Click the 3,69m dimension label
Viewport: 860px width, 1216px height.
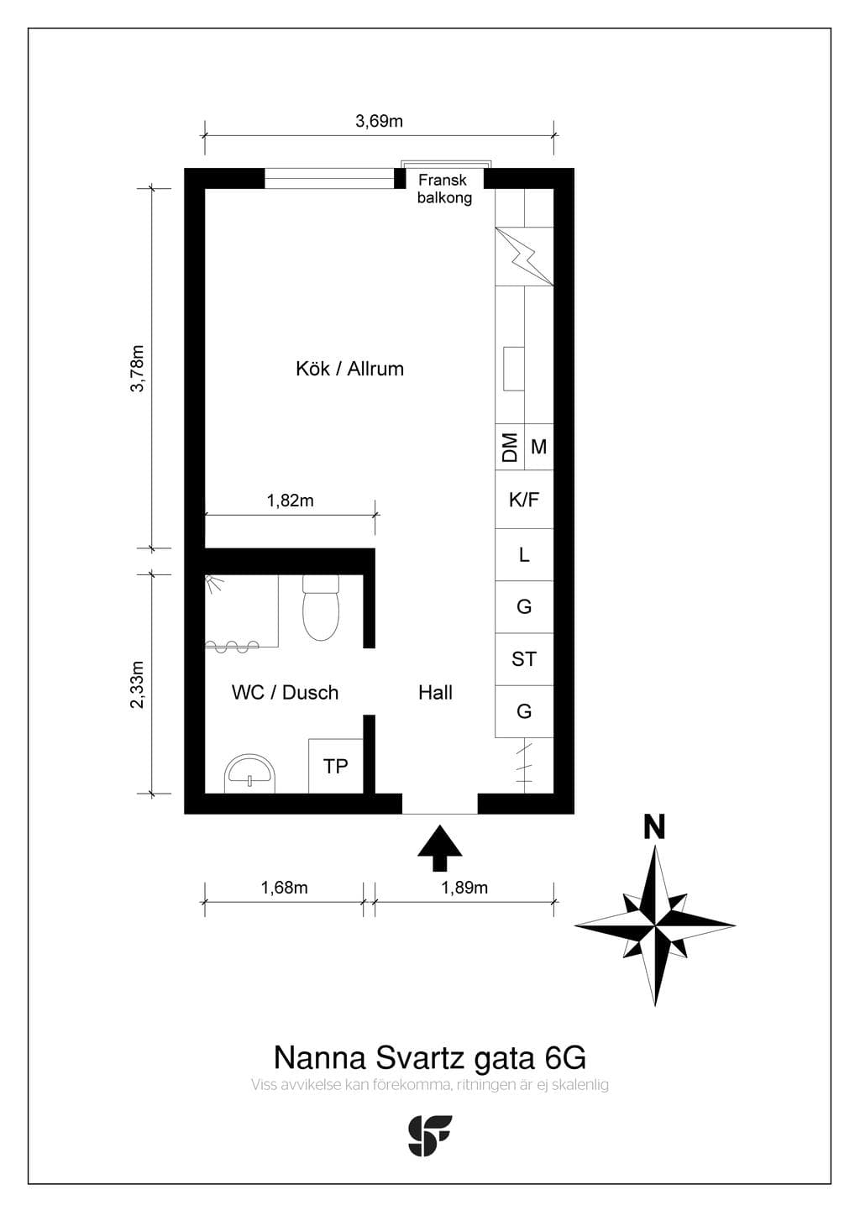point(379,121)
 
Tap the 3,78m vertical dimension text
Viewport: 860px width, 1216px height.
point(138,368)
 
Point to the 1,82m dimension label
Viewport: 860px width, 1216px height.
point(290,501)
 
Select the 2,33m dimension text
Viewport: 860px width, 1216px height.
point(138,684)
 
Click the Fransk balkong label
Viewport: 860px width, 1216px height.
point(444,189)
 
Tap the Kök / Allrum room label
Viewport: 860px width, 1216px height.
point(349,370)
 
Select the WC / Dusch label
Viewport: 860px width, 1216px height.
point(285,693)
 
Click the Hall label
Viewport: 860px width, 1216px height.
point(435,693)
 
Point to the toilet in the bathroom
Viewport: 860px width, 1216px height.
point(321,608)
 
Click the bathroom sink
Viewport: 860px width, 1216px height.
point(249,773)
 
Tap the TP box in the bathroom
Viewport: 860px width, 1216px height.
point(336,766)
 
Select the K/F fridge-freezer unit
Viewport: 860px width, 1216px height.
point(524,500)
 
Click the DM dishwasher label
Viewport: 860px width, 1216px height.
point(510,448)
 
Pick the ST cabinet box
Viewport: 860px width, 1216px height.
point(524,659)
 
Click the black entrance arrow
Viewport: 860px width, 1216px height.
point(440,848)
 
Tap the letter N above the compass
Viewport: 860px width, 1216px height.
point(654,828)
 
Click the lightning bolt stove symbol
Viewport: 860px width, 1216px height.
point(524,256)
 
